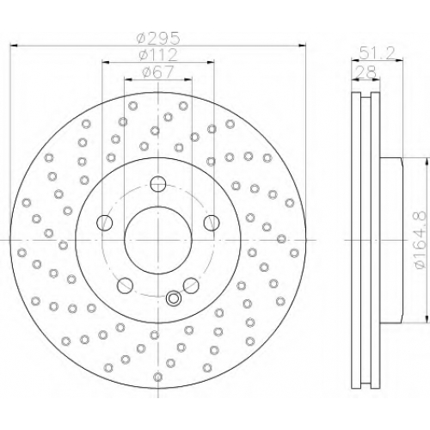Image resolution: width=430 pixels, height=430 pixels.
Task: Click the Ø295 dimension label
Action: [158, 38]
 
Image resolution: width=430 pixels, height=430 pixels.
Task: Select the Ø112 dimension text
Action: [158, 55]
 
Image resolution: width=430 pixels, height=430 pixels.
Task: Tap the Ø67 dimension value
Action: [158, 72]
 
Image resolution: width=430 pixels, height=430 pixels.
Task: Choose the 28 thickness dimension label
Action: [365, 72]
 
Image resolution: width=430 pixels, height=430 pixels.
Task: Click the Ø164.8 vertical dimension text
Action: [421, 240]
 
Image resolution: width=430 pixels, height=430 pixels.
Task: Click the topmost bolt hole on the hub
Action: [158, 184]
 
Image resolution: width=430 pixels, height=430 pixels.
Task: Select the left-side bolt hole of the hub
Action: [105, 223]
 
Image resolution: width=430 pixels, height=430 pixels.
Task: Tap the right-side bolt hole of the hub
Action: [212, 223]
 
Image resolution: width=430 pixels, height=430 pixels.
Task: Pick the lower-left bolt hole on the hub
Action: [126, 286]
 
